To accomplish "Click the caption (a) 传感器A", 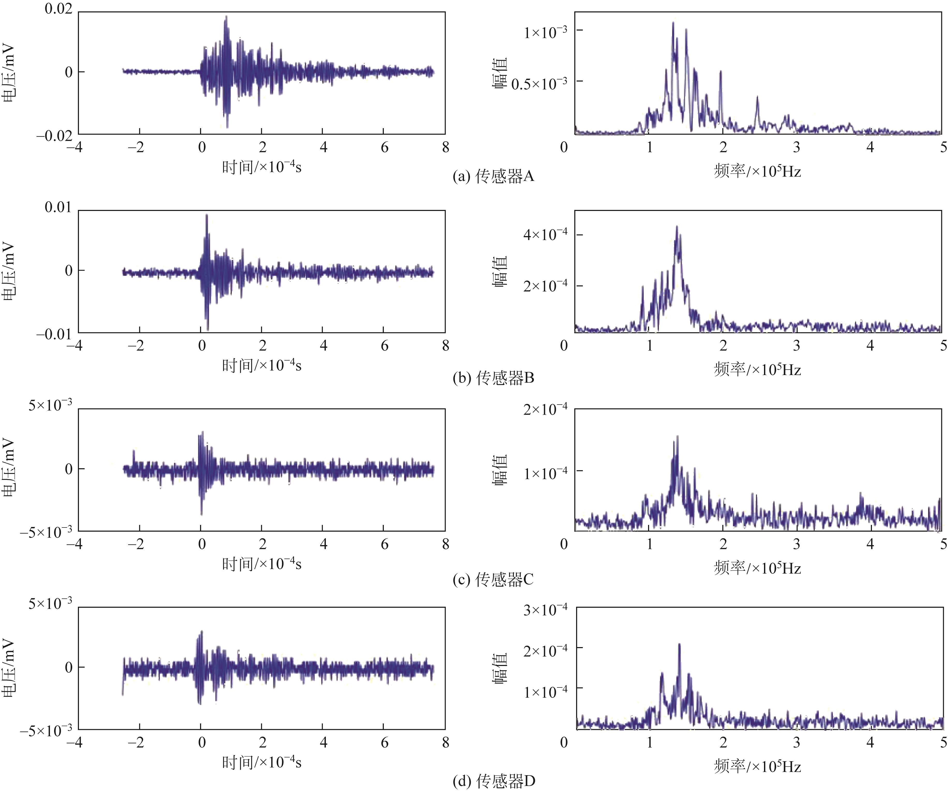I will (x=494, y=176).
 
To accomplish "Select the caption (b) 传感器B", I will (x=494, y=377).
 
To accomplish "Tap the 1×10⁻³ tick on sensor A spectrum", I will (x=545, y=32).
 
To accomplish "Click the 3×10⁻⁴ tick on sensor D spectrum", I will (x=545, y=610).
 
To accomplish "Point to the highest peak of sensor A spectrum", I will (x=673, y=23).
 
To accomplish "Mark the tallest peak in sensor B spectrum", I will (x=677, y=227).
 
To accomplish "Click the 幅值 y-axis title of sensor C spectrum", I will (x=500, y=470).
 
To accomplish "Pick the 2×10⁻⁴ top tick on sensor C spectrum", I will (x=545, y=409).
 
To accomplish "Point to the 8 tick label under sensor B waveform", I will (x=446, y=346).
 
